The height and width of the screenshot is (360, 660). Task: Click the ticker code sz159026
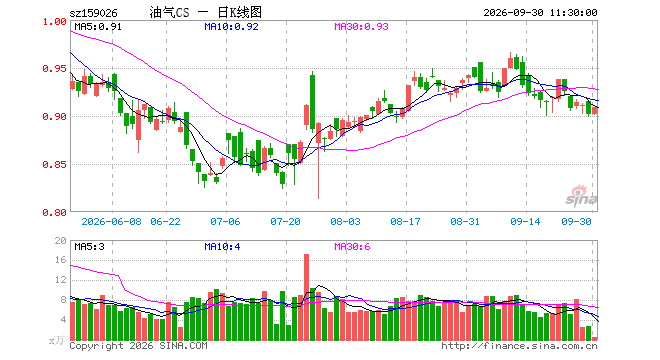point(93,13)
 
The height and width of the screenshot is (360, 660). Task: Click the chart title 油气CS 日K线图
point(206,12)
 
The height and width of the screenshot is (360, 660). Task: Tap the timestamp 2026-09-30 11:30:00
point(540,13)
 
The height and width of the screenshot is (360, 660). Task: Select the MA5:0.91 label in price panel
point(98,27)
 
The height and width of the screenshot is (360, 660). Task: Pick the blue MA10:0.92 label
point(232,27)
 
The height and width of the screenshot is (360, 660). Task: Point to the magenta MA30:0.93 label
point(362,27)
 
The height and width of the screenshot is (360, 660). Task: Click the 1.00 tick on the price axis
point(55,21)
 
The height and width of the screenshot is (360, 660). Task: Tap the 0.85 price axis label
point(55,164)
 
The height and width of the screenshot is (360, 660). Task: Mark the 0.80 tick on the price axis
point(55,213)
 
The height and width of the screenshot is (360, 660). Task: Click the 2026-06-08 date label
point(112,221)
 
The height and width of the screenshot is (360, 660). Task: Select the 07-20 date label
point(285,221)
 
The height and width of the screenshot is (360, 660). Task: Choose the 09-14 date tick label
point(525,221)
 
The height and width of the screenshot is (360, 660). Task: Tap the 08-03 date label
point(346,221)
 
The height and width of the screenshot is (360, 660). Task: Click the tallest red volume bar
point(306,297)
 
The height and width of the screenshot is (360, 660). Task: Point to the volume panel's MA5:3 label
point(89,246)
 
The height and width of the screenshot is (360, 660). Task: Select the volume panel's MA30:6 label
point(352,246)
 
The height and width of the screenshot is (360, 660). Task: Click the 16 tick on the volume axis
point(61,260)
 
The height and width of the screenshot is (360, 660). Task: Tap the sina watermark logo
point(581,197)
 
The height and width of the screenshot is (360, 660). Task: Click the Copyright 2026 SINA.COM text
point(138,346)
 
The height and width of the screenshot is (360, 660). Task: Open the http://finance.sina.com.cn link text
point(519,346)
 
